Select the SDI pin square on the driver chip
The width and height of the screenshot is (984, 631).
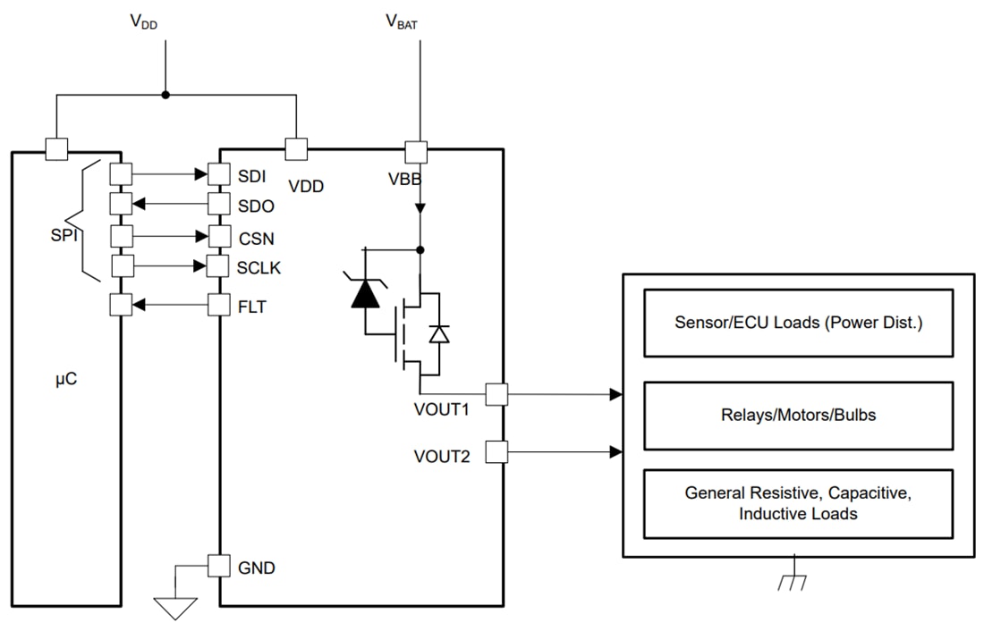[x=219, y=173]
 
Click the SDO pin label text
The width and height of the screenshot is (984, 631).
[x=257, y=206]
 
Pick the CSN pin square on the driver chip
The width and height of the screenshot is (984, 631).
[x=219, y=238]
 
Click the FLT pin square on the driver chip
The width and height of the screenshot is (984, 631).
[x=219, y=305]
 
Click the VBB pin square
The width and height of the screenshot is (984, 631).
[x=417, y=150]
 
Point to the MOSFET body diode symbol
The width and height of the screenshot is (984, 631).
[x=438, y=333]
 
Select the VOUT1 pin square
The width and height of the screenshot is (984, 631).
[x=496, y=393]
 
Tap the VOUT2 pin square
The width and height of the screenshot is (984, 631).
[x=496, y=452]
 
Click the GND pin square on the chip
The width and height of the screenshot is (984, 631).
[x=219, y=566]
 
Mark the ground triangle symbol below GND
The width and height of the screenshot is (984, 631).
[x=175, y=608]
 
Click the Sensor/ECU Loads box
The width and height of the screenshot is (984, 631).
[x=798, y=323]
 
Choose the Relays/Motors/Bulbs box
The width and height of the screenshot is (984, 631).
[x=798, y=416]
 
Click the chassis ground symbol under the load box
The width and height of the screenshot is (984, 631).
[x=792, y=581]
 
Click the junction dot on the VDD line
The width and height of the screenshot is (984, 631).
[x=165, y=95]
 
